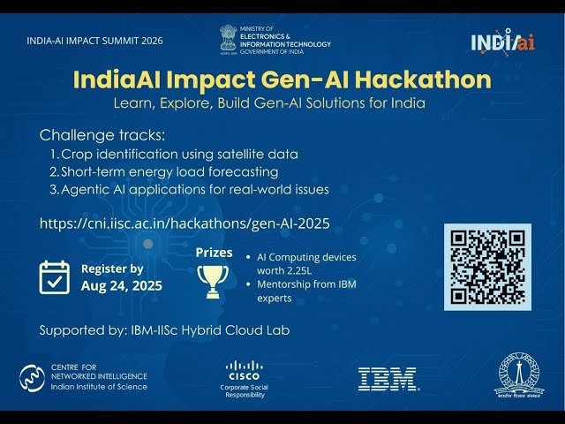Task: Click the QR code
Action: pyautogui.click(x=487, y=267)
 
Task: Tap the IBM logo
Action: pyautogui.click(x=388, y=379)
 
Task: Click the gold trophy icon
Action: pyautogui.click(x=212, y=281)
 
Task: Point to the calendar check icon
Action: pyautogui.click(x=55, y=276)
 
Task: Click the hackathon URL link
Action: pyautogui.click(x=185, y=223)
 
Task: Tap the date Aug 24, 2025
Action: pyautogui.click(x=122, y=286)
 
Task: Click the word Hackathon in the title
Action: pyautogui.click(x=422, y=79)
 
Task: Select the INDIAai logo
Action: pyautogui.click(x=501, y=42)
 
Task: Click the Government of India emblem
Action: pyautogui.click(x=229, y=39)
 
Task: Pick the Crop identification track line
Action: pyautogui.click(x=173, y=154)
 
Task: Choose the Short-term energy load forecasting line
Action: pyautogui.click(x=163, y=171)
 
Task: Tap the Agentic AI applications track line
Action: pyautogui.click(x=189, y=189)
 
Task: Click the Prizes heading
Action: pyautogui.click(x=215, y=253)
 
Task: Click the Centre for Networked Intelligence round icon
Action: pyautogui.click(x=33, y=378)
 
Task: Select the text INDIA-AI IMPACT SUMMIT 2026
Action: pyautogui.click(x=95, y=41)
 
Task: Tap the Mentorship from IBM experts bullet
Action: pyautogui.click(x=305, y=291)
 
